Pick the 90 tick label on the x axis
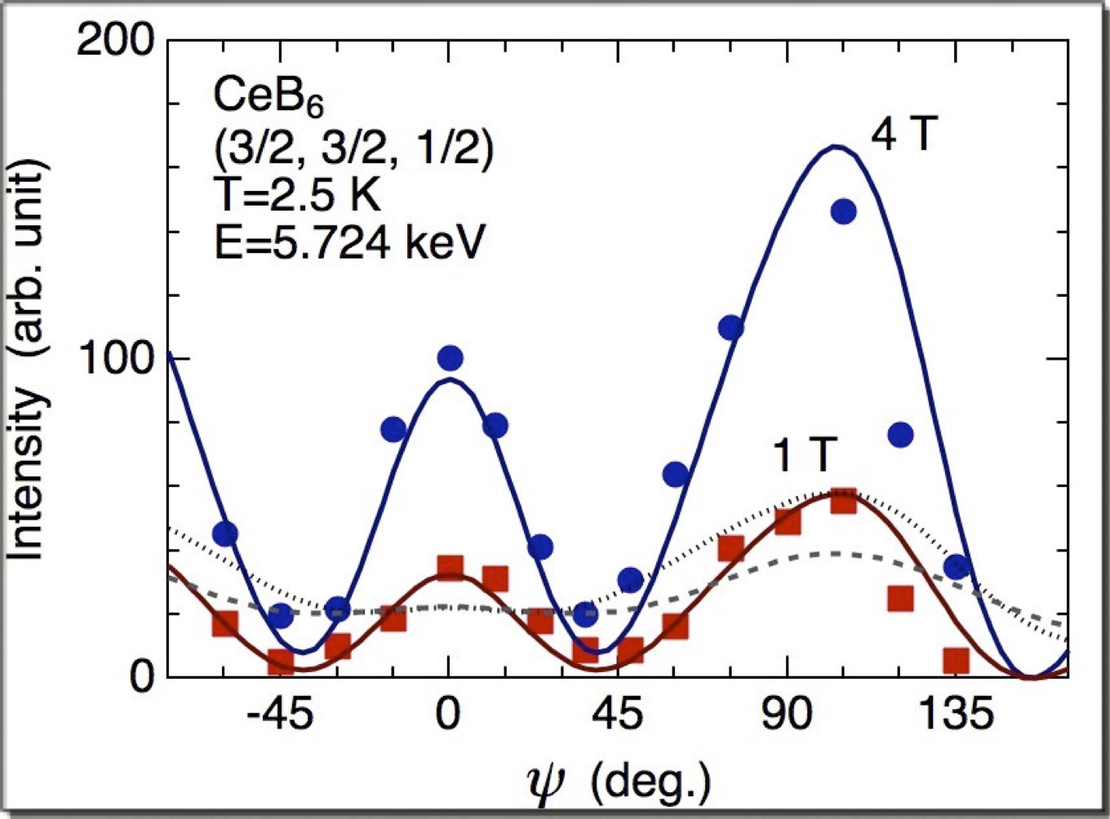(788, 717)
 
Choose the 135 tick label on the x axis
(957, 717)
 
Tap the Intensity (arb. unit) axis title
(29, 359)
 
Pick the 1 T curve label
(804, 457)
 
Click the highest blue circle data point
(843, 212)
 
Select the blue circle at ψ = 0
(450, 357)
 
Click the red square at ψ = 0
(450, 567)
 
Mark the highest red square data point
(843, 501)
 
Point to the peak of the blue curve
(834, 147)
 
